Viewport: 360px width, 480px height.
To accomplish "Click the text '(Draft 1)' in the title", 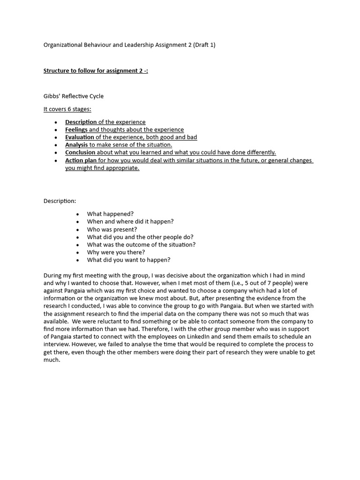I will [x=203, y=45].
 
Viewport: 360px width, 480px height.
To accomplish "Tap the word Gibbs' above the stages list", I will [x=52, y=96].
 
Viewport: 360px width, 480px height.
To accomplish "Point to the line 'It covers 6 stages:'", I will [x=67, y=109].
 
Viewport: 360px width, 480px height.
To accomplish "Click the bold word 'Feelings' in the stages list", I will [x=76, y=129].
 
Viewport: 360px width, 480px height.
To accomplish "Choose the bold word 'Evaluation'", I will [x=80, y=137].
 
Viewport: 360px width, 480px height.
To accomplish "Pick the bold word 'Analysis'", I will [x=76, y=145].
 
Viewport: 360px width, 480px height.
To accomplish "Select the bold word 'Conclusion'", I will [x=80, y=152].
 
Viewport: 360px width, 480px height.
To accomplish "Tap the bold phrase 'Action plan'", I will [x=81, y=160].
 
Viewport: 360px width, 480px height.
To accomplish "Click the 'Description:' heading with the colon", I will [x=60, y=201].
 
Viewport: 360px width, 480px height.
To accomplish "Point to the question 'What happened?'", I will [x=110, y=214].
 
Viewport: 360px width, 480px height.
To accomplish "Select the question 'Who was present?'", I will [x=112, y=229].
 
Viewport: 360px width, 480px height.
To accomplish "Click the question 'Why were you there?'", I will [x=116, y=252].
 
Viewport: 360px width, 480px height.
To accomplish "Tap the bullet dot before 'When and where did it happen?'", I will [x=77, y=222].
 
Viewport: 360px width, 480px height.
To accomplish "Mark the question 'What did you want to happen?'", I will [x=128, y=260].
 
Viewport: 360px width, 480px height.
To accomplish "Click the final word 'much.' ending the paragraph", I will [x=52, y=360].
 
